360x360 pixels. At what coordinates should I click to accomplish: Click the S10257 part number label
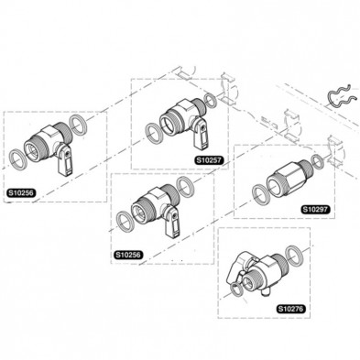click(209, 158)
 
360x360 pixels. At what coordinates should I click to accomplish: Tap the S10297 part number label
click(314, 209)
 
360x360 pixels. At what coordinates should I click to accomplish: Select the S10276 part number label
click(290, 309)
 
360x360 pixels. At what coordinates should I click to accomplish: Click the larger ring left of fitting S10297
click(260, 191)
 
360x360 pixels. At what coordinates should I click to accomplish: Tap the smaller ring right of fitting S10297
click(316, 161)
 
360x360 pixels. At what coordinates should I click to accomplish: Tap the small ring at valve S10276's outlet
click(239, 289)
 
